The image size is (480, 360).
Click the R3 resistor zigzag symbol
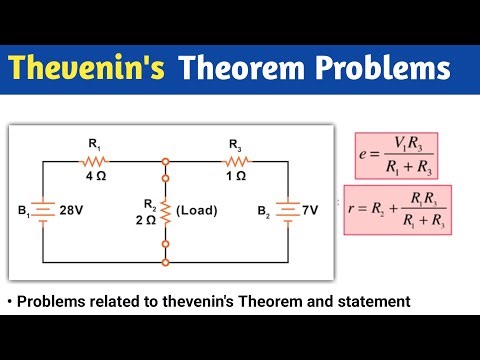(235, 159)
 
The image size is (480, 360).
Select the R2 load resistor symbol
(166, 211)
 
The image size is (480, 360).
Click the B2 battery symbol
(286, 212)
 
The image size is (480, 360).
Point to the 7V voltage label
(310, 212)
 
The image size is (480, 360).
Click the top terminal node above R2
(166, 159)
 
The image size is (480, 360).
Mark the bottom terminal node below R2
(166, 263)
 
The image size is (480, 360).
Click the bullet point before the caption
(10, 301)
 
